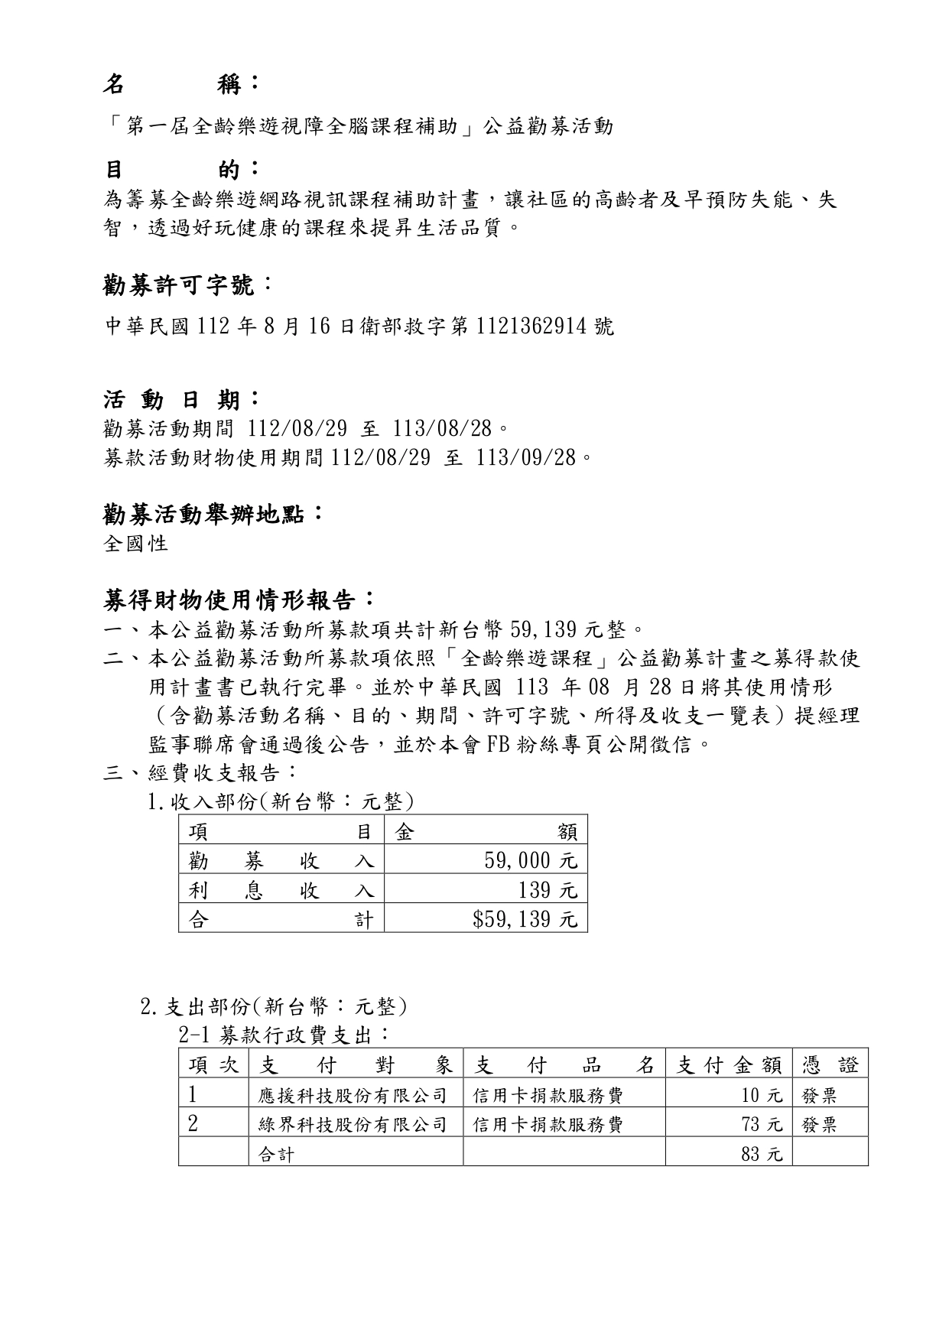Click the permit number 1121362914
pyautogui.click(x=532, y=327)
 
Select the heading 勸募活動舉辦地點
pyautogui.click(x=212, y=515)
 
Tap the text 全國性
pyautogui.click(x=135, y=544)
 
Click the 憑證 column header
pyautogui.click(x=830, y=1065)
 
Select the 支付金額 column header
pyautogui.click(x=729, y=1065)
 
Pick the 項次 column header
pyautogui.click(x=213, y=1065)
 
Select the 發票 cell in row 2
pyautogui.click(x=819, y=1125)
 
